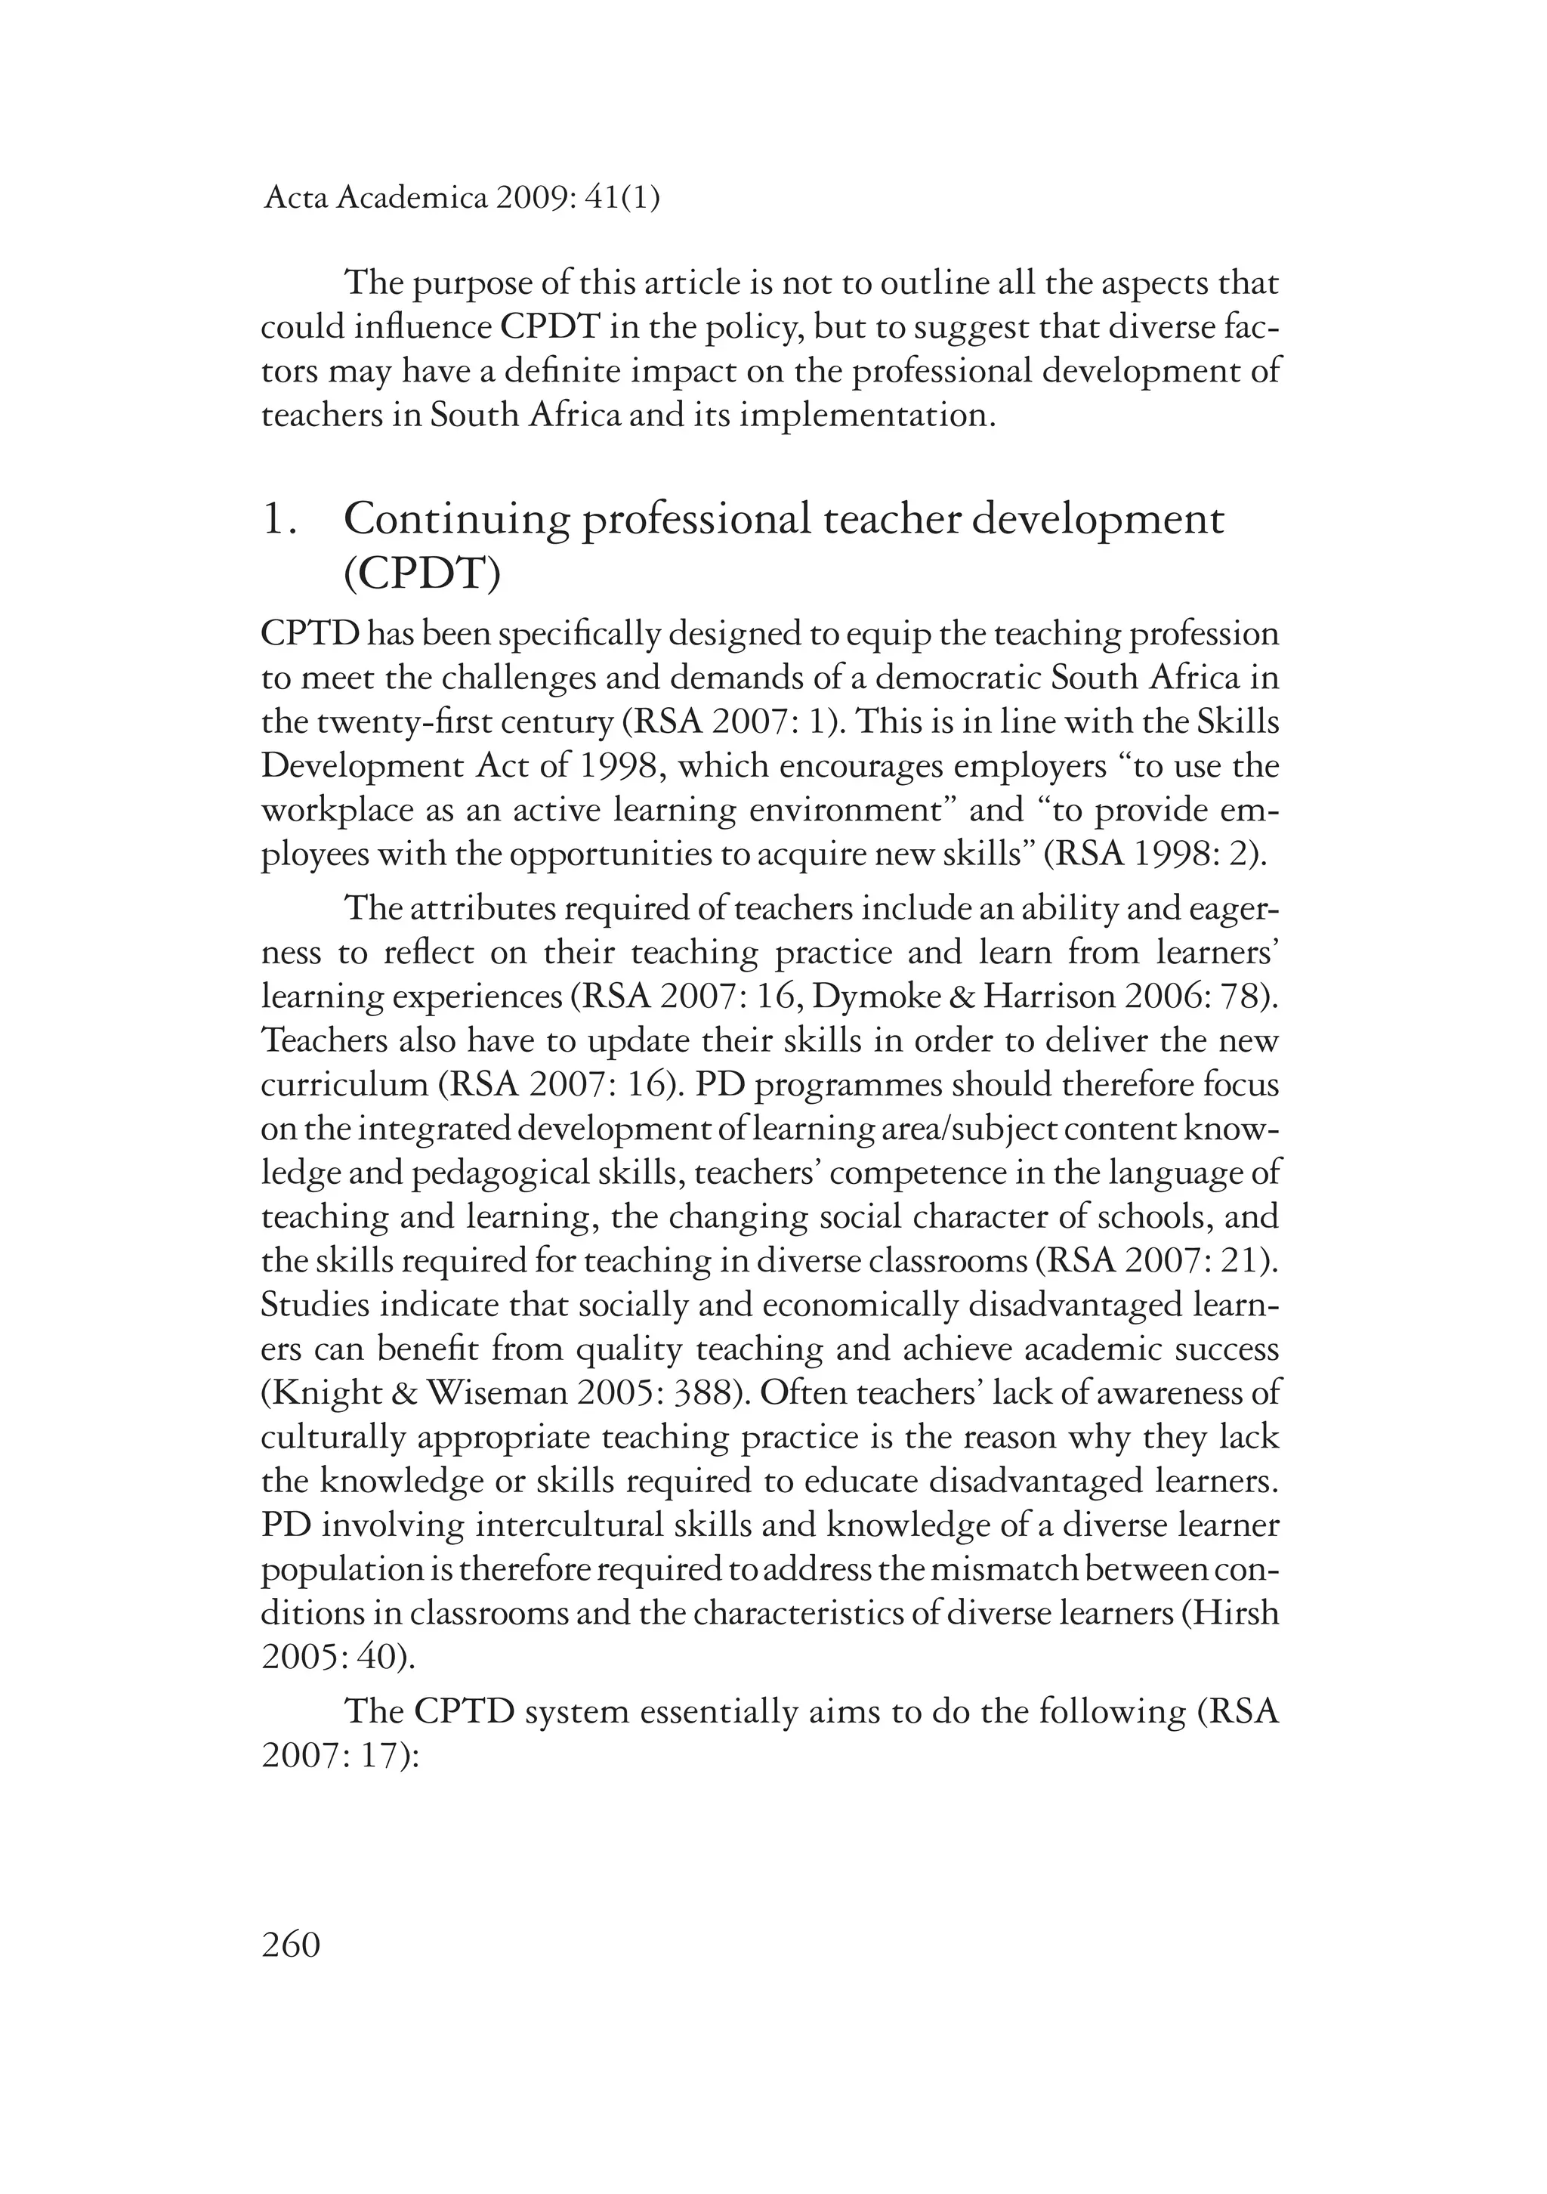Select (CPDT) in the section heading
tap(421, 574)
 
